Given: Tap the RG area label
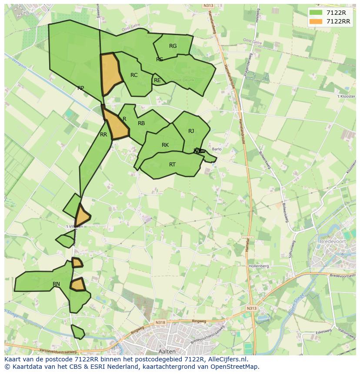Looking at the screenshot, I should tap(173, 46).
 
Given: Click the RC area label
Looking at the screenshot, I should tap(134, 75).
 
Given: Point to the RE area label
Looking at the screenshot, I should tap(157, 80).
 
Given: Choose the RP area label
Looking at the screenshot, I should tap(80, 88).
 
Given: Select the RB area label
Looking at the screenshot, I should tap(141, 123).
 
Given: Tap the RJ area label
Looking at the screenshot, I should tap(191, 131).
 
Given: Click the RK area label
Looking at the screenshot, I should tap(165, 145).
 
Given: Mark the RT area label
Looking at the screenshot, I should tap(172, 165).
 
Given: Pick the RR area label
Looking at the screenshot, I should tap(103, 135).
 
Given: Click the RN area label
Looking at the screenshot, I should tap(56, 284).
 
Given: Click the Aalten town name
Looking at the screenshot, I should tap(167, 351).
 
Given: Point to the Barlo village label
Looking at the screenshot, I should tap(217, 149).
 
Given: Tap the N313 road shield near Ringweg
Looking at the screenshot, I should tap(251, 308).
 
